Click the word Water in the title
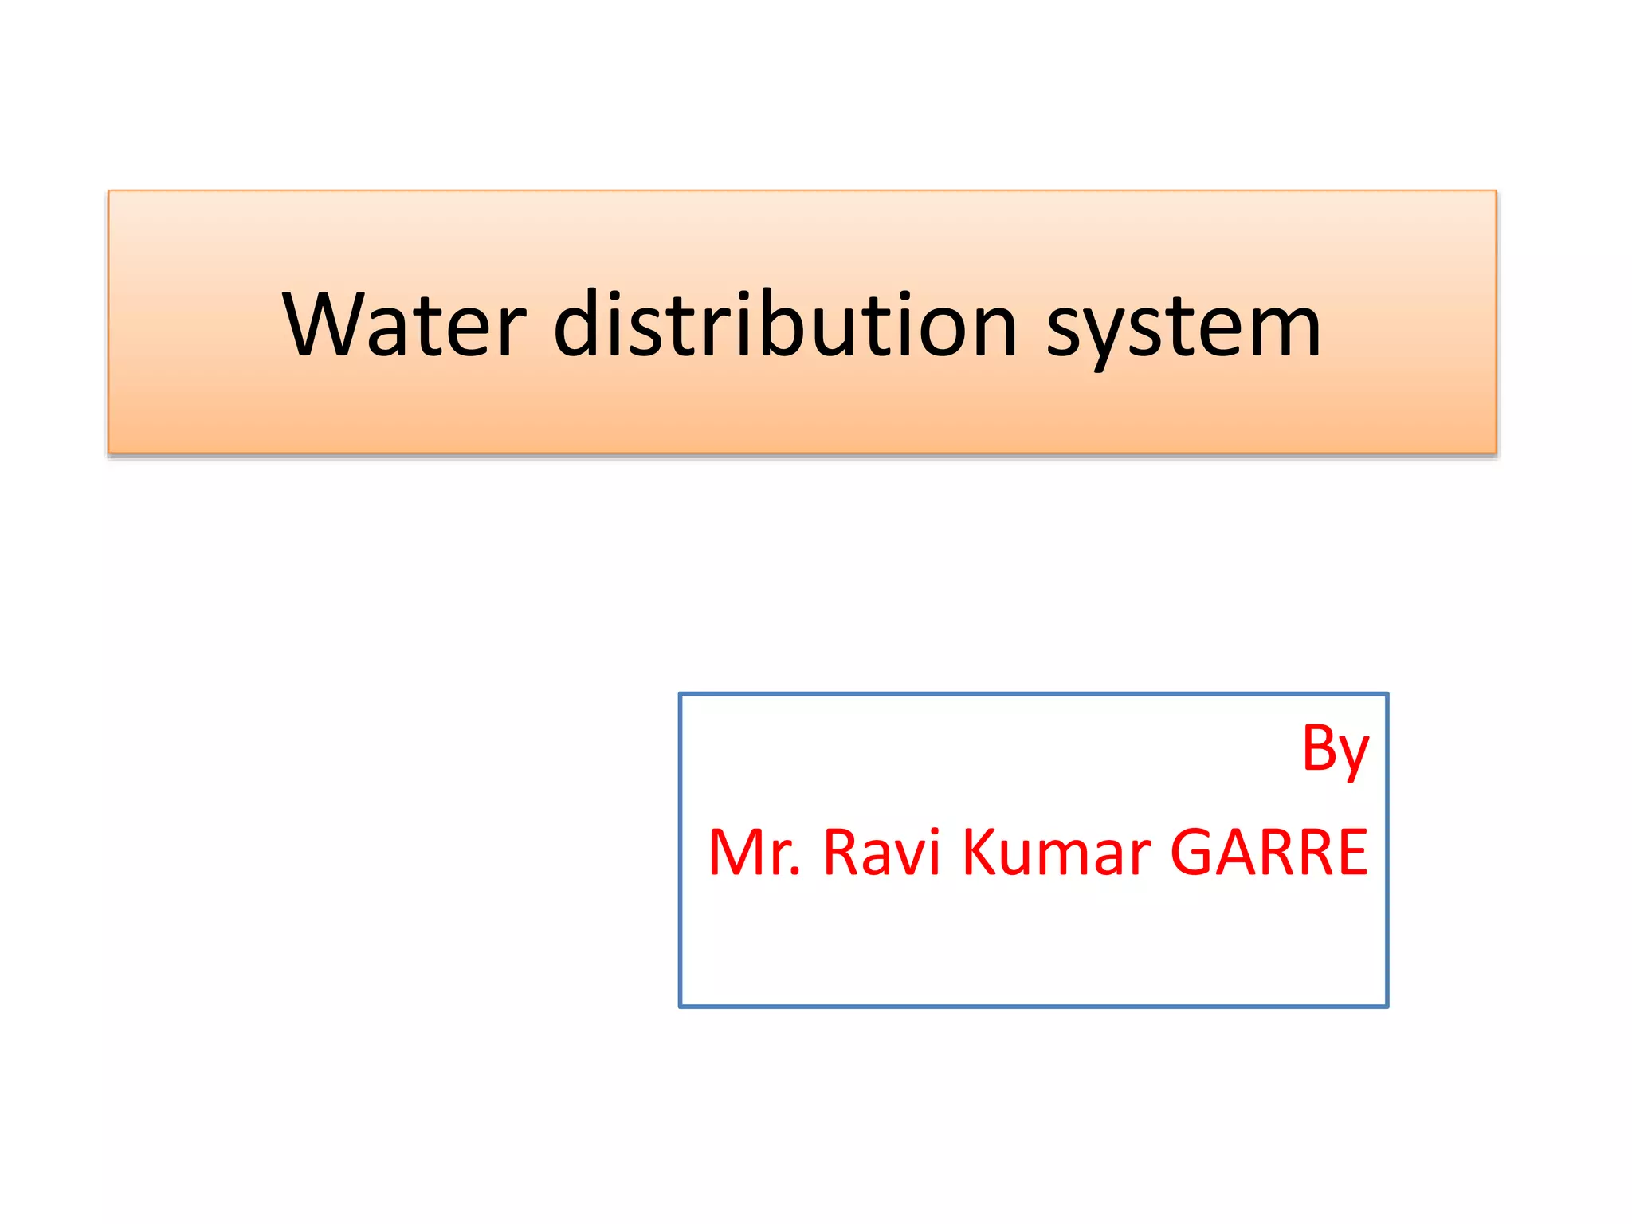[x=404, y=324]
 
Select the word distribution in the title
[x=785, y=324]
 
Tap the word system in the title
[x=1183, y=327]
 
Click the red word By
[x=1335, y=749]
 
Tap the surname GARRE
[x=1269, y=853]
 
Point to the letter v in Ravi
[x=909, y=857]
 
